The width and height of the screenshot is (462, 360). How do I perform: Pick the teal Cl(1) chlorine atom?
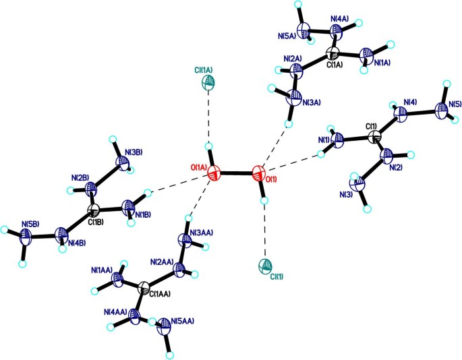coord(266,267)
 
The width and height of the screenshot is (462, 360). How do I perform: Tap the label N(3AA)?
coord(204,233)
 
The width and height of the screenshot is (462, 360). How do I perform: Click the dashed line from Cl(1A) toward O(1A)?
coord(210,115)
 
